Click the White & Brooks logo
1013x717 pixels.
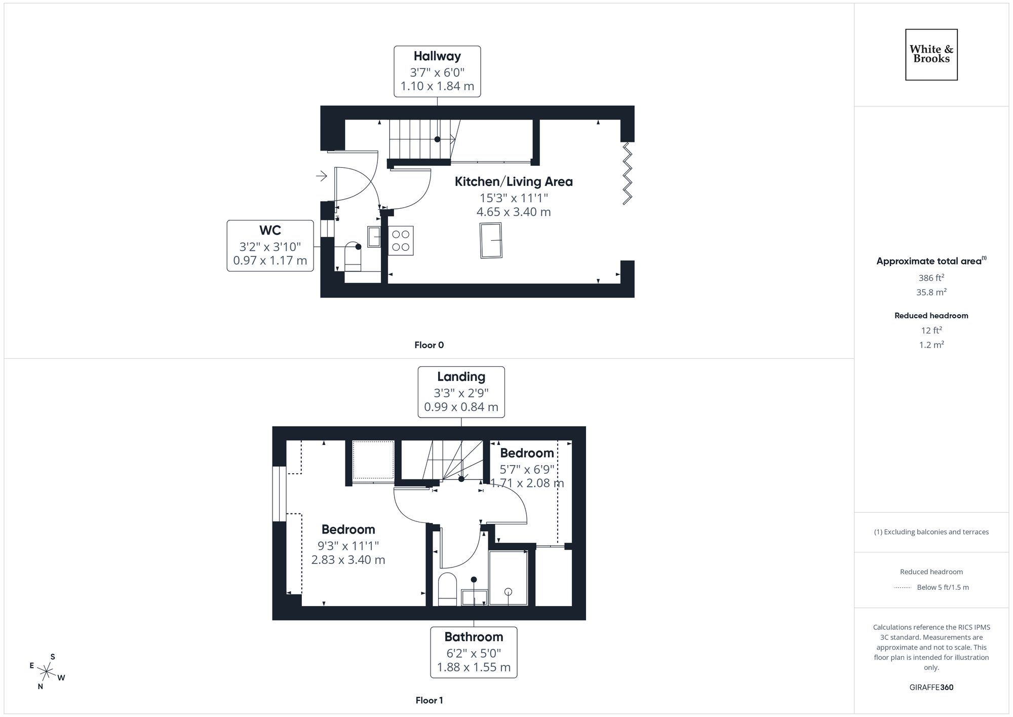pos(931,54)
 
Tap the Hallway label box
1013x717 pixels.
pos(437,71)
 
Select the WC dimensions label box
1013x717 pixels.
pos(270,246)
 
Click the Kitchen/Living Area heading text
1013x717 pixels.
pos(514,181)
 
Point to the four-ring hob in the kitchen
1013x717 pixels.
pos(401,241)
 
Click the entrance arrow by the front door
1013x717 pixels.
pos(321,176)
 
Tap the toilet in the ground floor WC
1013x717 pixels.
pos(353,256)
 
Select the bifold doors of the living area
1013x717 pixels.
pos(627,173)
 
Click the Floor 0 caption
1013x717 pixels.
pos(429,345)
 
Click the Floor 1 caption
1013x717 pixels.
pos(429,700)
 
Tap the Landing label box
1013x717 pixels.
pos(461,392)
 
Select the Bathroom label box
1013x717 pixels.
pos(474,652)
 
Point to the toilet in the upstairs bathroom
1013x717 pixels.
pos(447,589)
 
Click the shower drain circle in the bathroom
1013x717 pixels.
pos(509,592)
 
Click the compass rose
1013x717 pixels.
pos(47,672)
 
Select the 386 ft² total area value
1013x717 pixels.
pos(931,278)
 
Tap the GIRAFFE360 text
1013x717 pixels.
pos(931,688)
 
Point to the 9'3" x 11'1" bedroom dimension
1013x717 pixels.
pos(348,546)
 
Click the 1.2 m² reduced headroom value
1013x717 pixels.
pos(931,345)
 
